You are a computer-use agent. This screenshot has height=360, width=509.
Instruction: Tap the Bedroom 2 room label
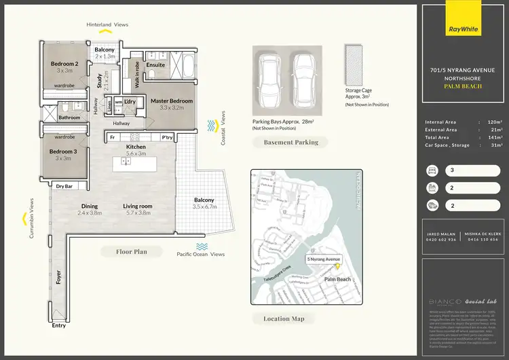click(64, 65)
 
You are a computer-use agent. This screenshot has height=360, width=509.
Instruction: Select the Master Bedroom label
click(172, 101)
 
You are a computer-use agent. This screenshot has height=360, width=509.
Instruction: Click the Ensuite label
click(155, 65)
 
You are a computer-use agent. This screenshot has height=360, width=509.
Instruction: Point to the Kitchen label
click(136, 147)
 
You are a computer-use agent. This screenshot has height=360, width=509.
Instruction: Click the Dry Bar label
click(64, 185)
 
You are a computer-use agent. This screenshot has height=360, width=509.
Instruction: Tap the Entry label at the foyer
click(59, 325)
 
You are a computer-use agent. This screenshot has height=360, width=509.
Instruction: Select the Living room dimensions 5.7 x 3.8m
click(137, 213)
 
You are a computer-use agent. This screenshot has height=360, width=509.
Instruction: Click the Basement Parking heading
click(291, 143)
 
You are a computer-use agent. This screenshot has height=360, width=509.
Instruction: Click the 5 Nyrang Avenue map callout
click(324, 259)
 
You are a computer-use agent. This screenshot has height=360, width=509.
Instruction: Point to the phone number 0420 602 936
click(440, 239)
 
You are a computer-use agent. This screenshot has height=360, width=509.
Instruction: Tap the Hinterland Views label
click(107, 24)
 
